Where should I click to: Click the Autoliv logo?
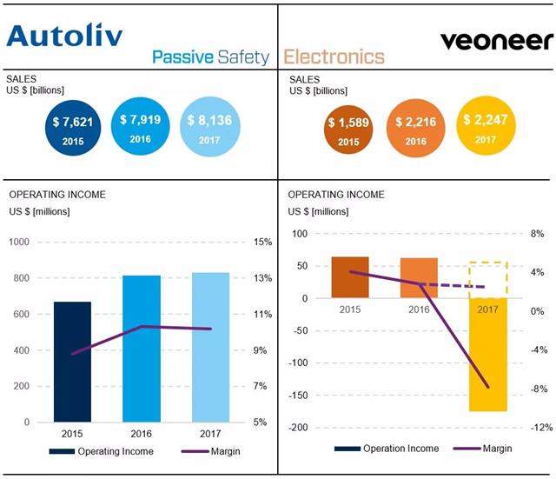click(64, 36)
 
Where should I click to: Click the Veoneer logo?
click(496, 40)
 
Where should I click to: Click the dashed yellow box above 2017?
click(487, 279)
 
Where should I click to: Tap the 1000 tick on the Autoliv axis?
click(21, 243)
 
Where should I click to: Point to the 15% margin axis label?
click(262, 243)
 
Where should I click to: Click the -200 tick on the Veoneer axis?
click(300, 428)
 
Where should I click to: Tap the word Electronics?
click(334, 57)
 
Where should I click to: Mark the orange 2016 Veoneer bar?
click(419, 277)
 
